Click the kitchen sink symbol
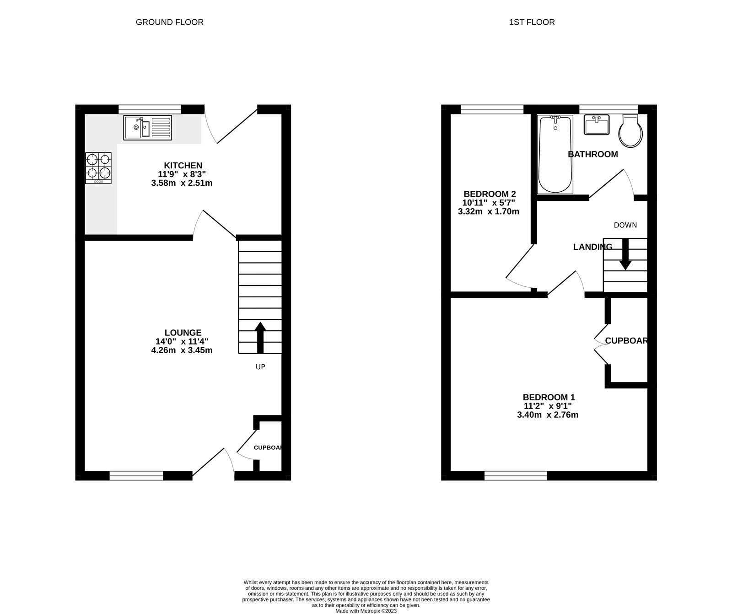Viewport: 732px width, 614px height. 147,128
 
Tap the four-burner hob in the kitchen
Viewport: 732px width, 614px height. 98,167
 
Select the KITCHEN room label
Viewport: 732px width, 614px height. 183,166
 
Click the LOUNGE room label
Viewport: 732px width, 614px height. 183,333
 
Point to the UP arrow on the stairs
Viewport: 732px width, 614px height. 260,338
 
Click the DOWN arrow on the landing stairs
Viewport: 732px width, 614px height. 625,254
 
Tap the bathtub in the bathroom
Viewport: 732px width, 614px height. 555,155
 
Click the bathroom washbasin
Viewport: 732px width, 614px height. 597,125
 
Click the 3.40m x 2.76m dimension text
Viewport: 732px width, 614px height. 548,415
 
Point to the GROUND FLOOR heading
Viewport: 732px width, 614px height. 169,22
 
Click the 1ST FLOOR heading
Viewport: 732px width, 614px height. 532,22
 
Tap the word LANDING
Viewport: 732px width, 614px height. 592,247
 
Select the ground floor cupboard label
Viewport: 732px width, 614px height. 268,447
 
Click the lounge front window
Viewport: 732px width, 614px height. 136,476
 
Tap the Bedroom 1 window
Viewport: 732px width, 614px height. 516,476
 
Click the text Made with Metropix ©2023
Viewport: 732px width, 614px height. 366,610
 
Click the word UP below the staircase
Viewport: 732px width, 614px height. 260,367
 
